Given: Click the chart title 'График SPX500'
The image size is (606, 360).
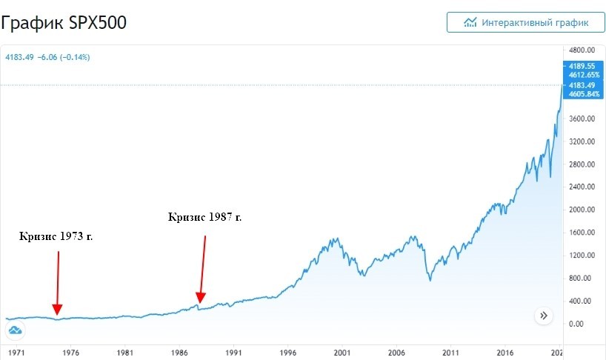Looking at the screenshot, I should point(64,23).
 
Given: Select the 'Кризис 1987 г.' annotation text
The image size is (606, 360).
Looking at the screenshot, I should point(205,217).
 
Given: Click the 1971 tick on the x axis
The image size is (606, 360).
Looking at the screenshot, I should point(16,353).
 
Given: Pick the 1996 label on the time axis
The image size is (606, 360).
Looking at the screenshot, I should point(287,353).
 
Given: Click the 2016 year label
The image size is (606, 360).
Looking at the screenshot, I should point(505,353).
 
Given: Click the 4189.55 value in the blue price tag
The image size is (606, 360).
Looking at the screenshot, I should point(576,66).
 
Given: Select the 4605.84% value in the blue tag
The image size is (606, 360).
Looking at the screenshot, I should point(576,94).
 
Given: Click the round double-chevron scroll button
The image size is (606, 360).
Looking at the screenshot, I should point(544,316).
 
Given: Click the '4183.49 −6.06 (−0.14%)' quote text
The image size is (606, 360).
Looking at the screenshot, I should point(47,57).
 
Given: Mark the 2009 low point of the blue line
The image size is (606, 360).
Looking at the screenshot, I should point(430,279).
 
